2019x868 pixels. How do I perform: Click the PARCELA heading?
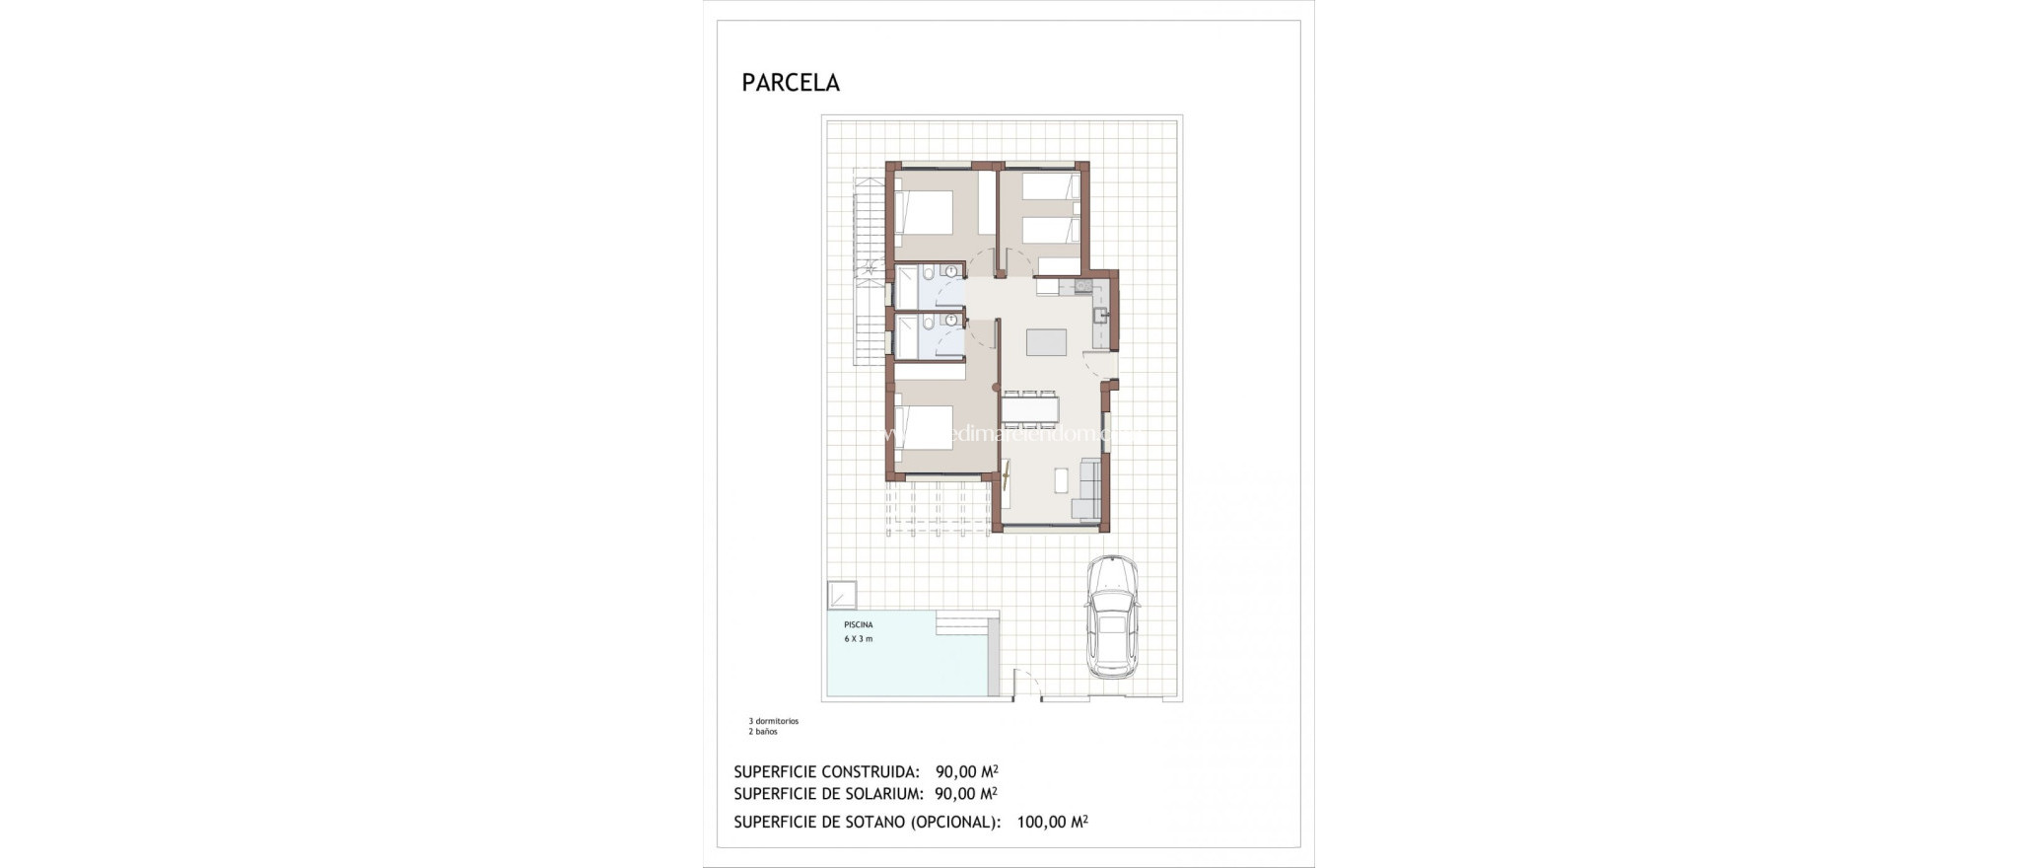coord(791,83)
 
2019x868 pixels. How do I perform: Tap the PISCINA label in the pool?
coord(858,625)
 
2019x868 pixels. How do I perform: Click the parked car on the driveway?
coord(1112,616)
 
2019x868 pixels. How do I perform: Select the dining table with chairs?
coord(1029,406)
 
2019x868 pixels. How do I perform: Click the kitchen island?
coord(1046,342)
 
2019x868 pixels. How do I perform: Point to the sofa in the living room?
coord(1088,488)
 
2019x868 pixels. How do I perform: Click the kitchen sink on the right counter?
coord(1100,315)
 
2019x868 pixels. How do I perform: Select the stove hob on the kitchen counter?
coord(1083,287)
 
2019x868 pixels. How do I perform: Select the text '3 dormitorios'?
coord(774,721)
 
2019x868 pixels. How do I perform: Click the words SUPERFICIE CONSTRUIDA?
coord(826,772)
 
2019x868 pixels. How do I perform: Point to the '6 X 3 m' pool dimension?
coord(858,639)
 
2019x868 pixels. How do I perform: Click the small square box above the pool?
coord(842,595)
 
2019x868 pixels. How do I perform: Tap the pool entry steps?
coord(966,624)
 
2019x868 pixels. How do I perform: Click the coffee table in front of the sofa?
coord(1060,479)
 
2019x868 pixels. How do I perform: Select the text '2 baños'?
coord(763,732)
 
